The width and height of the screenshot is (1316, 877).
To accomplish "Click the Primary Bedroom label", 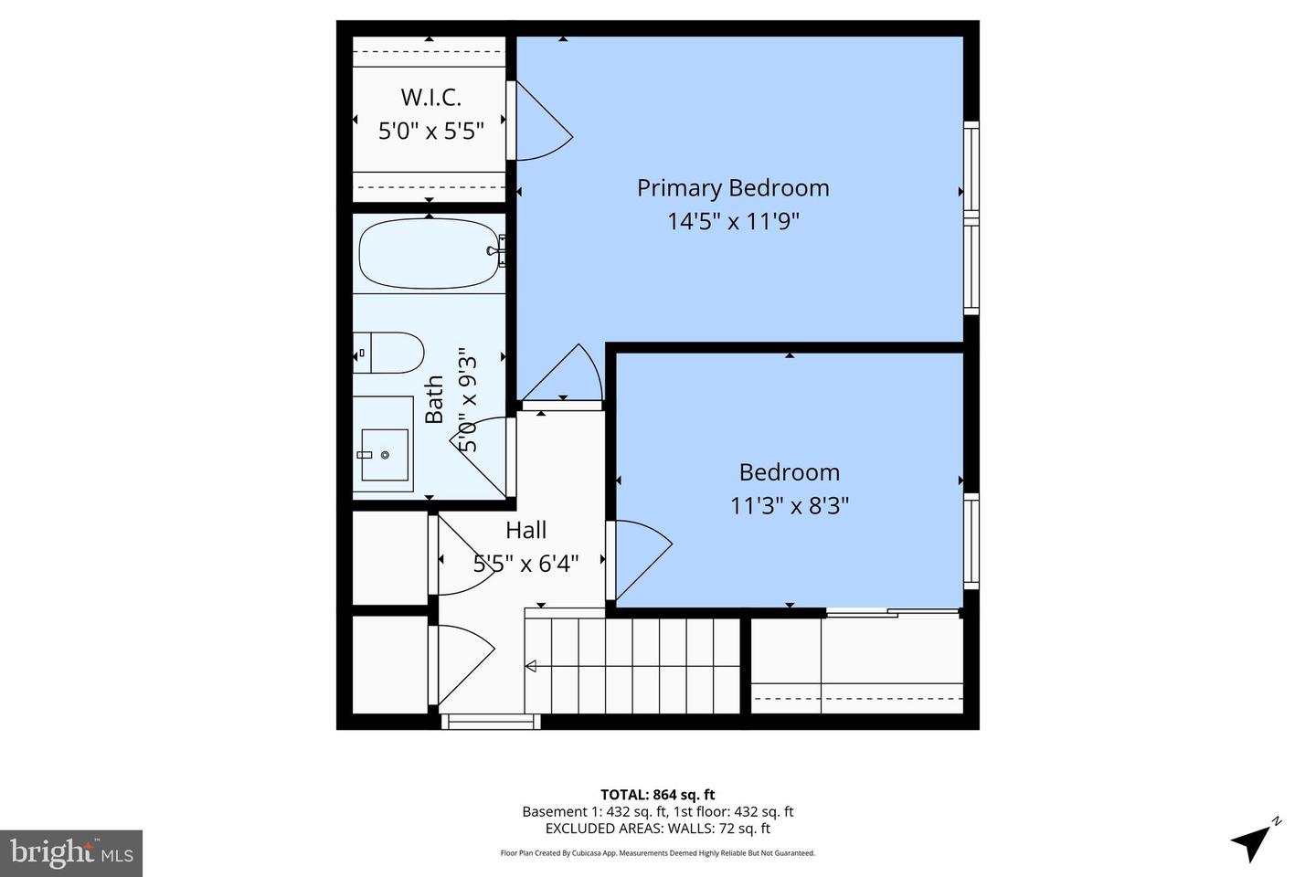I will tap(733, 188).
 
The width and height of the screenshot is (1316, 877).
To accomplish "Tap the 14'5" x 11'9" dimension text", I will tap(733, 221).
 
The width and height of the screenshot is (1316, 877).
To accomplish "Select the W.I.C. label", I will tap(430, 97).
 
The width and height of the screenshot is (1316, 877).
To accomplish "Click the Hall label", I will tap(526, 530).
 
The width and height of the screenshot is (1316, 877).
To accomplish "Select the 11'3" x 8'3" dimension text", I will tap(790, 505).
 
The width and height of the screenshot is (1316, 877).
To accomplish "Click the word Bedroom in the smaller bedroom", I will tap(790, 472).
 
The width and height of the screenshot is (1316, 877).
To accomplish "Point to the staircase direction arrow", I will tap(531, 667).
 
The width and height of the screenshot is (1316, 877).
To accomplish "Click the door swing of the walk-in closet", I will tap(540, 123).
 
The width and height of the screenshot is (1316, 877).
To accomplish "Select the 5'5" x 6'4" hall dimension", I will tap(526, 564).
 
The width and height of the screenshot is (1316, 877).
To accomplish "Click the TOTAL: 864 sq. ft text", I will tap(657, 795).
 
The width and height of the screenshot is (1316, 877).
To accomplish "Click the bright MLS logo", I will tap(70, 853).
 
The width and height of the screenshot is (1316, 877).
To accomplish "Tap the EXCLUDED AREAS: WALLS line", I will tap(657, 829).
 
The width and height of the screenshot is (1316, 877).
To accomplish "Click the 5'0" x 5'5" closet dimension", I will tap(430, 130).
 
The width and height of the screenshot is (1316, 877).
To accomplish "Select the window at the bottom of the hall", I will tap(491, 722).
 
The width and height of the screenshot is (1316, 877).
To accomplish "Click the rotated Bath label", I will tap(435, 399).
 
